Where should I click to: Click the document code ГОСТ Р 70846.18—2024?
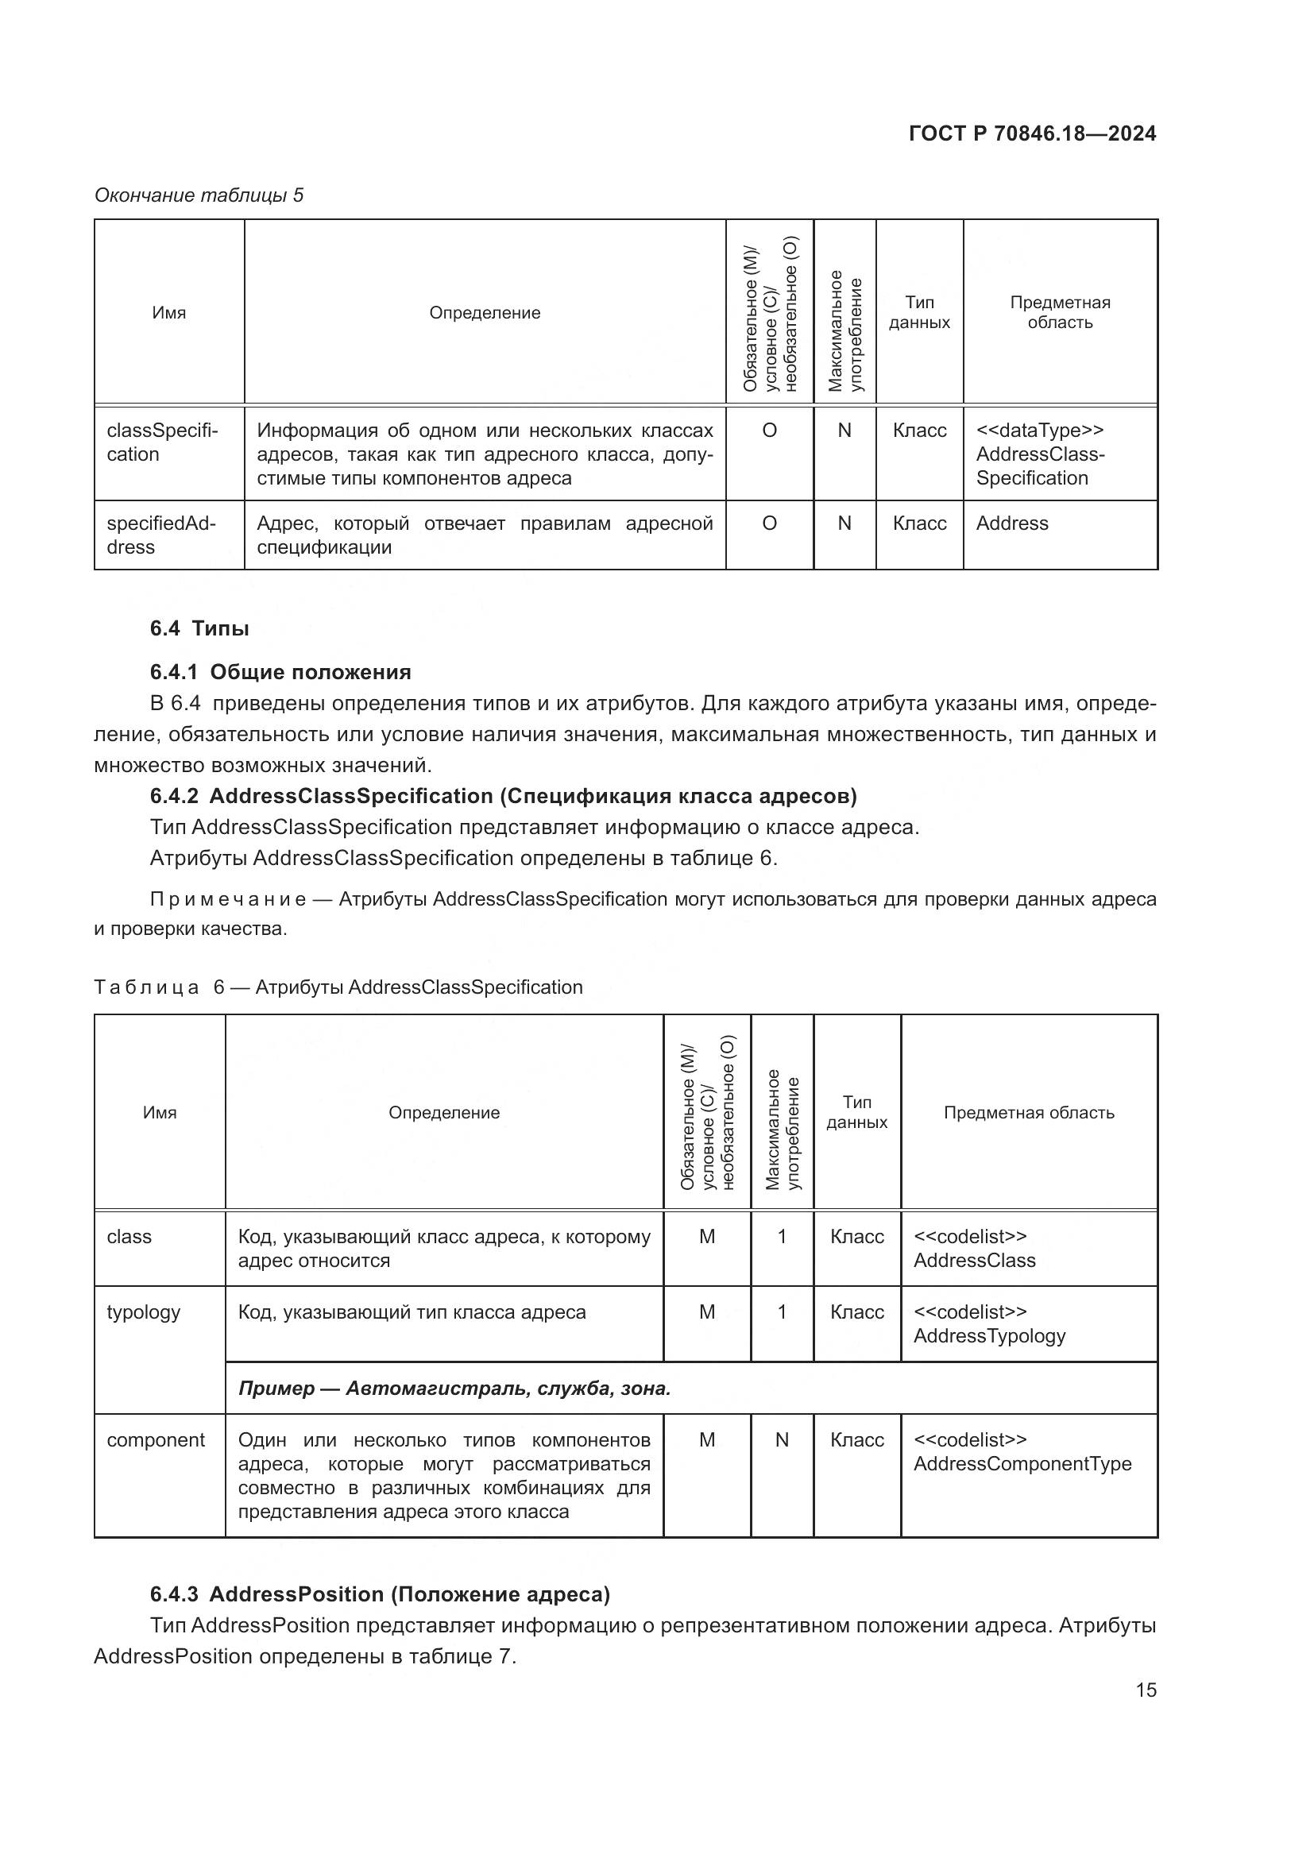click(x=1032, y=134)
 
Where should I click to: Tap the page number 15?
click(x=1146, y=1690)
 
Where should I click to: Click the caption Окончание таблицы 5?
click(x=199, y=195)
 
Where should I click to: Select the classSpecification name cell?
click(x=162, y=442)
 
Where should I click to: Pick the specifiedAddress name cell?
click(x=161, y=535)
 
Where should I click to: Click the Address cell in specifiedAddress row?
click(x=1011, y=523)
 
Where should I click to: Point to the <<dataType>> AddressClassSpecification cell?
click(x=1040, y=454)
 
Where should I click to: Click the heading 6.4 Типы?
click(x=199, y=629)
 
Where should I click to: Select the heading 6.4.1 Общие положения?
click(x=280, y=673)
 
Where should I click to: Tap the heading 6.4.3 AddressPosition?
click(x=380, y=1594)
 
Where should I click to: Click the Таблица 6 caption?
click(x=338, y=987)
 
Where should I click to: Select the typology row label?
click(x=143, y=1311)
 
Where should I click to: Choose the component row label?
click(x=156, y=1439)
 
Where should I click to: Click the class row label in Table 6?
click(x=129, y=1237)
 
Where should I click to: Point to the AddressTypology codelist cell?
click(x=989, y=1324)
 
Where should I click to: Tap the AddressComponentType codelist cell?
click(x=1022, y=1452)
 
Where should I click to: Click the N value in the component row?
click(x=782, y=1439)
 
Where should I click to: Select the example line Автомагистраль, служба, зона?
click(x=454, y=1389)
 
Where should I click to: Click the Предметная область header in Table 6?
click(x=1028, y=1113)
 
